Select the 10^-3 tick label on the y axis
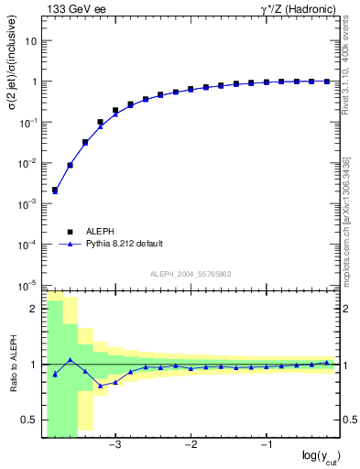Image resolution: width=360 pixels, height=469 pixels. click(27, 203)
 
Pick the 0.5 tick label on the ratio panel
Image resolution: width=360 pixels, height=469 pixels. click(29, 420)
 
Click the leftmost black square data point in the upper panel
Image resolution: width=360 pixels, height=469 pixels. click(55, 191)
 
